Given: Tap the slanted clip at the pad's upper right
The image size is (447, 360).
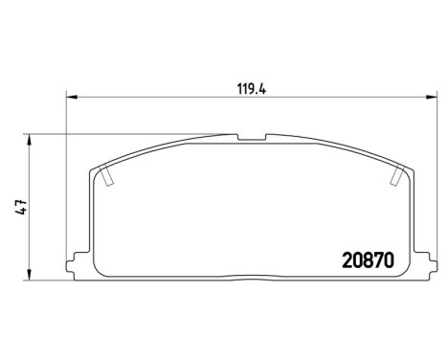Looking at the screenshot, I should [397, 175].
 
